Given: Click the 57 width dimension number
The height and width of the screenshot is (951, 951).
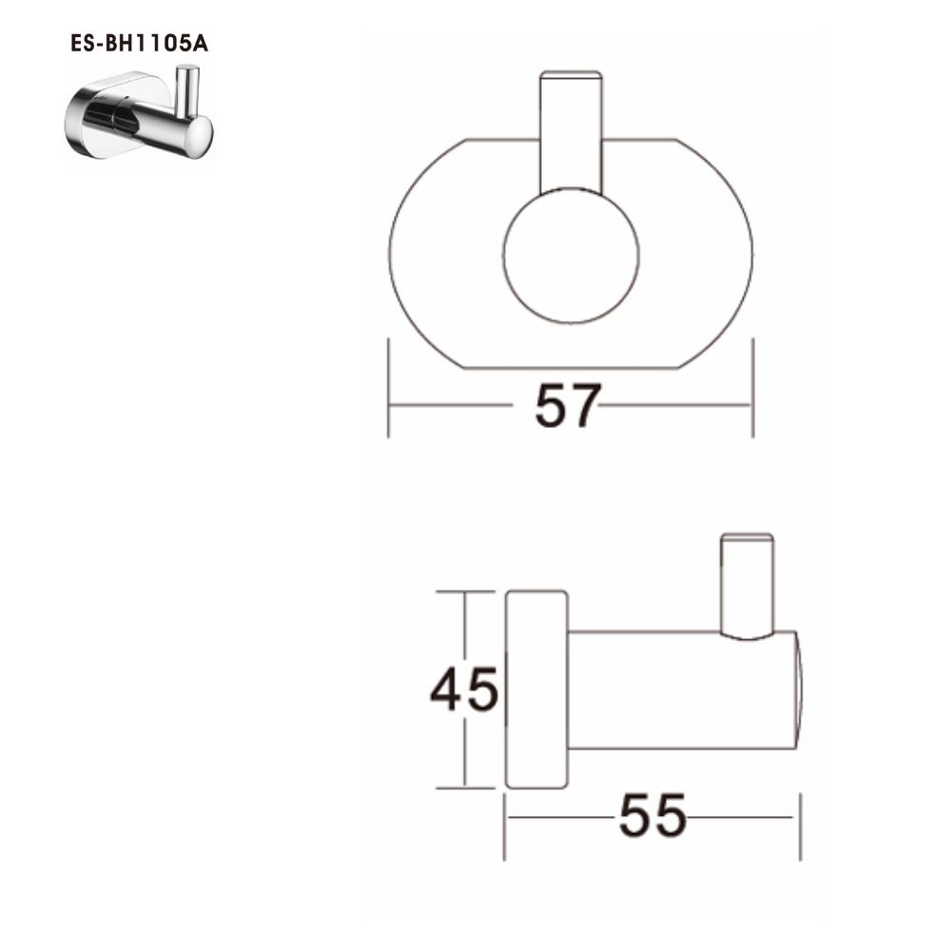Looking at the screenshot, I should (x=569, y=406).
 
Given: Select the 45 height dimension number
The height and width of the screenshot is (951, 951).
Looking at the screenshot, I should (x=464, y=689).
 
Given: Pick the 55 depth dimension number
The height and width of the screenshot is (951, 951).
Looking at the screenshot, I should (x=652, y=816).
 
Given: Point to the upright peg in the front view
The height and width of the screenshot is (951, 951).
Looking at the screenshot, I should (x=571, y=128).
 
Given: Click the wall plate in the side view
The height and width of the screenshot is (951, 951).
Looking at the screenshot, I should (x=536, y=689).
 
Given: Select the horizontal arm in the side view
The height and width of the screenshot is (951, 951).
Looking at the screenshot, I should (x=680, y=689).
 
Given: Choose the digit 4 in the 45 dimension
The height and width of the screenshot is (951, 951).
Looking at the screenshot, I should (x=448, y=689).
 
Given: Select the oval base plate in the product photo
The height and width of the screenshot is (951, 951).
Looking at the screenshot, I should (x=90, y=124).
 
